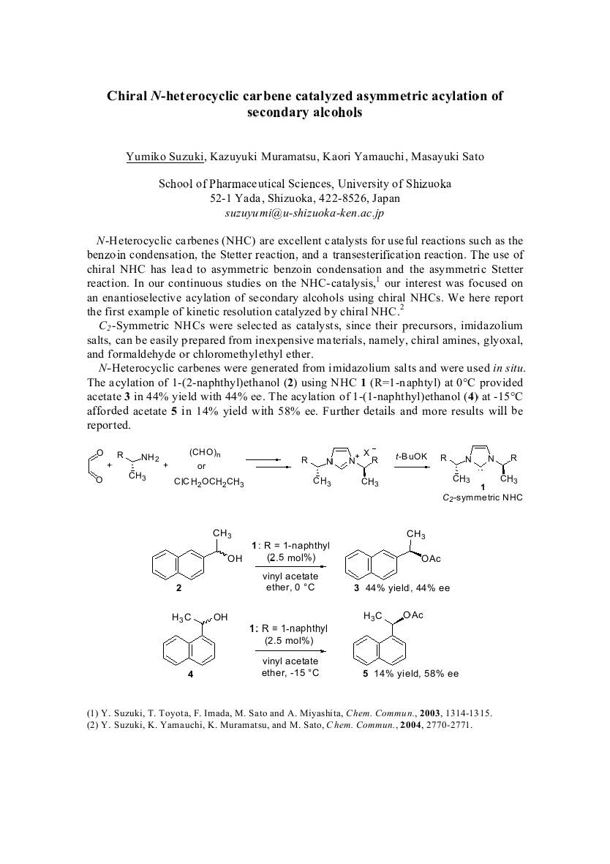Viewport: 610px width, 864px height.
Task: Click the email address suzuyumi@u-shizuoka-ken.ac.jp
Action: pos(304,214)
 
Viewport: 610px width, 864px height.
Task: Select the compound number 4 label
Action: pos(191,674)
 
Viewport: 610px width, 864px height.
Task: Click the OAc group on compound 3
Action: pos(432,560)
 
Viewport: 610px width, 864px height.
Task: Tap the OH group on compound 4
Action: pos(220,619)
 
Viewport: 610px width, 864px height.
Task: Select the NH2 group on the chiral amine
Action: pos(150,458)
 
